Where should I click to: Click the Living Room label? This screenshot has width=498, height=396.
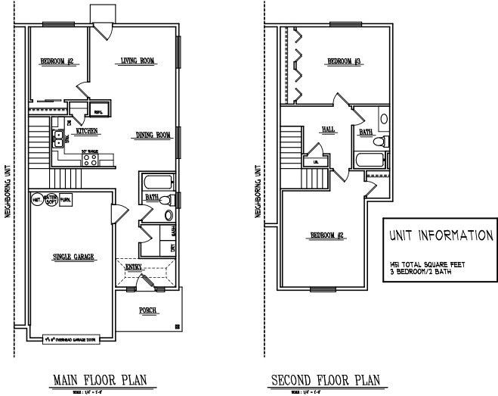[x=138, y=61]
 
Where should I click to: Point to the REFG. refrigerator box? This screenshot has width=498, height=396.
[x=98, y=111]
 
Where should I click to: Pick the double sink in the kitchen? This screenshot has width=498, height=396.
[x=57, y=138]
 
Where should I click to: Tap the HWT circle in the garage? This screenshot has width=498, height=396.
[x=36, y=200]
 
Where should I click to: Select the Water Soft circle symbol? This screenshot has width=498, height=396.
[x=51, y=201]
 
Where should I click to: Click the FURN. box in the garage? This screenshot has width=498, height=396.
[x=67, y=200]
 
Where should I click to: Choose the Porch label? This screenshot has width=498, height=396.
[x=147, y=310]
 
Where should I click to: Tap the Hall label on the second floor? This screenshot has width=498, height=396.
[x=328, y=129]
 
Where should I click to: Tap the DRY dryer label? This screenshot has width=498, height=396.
[x=174, y=247]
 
